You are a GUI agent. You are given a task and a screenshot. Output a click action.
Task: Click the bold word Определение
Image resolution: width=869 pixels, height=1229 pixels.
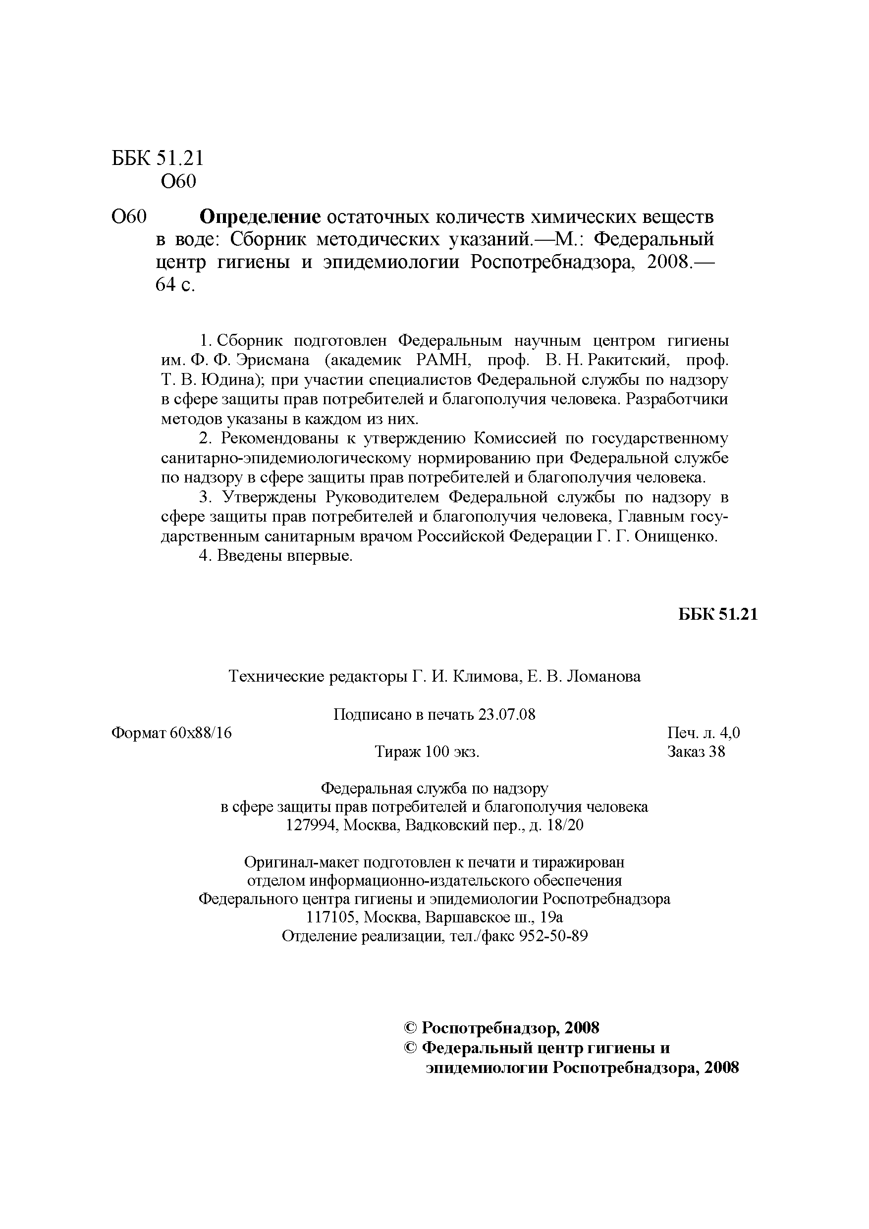(x=260, y=217)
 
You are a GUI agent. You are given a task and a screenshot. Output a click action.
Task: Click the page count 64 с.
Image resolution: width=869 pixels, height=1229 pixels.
(x=175, y=285)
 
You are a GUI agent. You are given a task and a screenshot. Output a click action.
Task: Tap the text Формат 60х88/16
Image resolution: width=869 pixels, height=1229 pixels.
(x=171, y=733)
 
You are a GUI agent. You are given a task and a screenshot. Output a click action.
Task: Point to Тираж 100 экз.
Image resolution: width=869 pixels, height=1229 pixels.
(x=427, y=751)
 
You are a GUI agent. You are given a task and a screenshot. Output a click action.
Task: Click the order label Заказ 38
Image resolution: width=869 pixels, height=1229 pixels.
(x=696, y=751)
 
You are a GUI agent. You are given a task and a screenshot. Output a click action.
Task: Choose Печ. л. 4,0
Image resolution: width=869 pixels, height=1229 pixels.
(x=704, y=733)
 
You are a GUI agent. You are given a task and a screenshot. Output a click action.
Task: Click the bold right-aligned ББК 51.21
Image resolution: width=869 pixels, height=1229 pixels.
(x=718, y=614)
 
